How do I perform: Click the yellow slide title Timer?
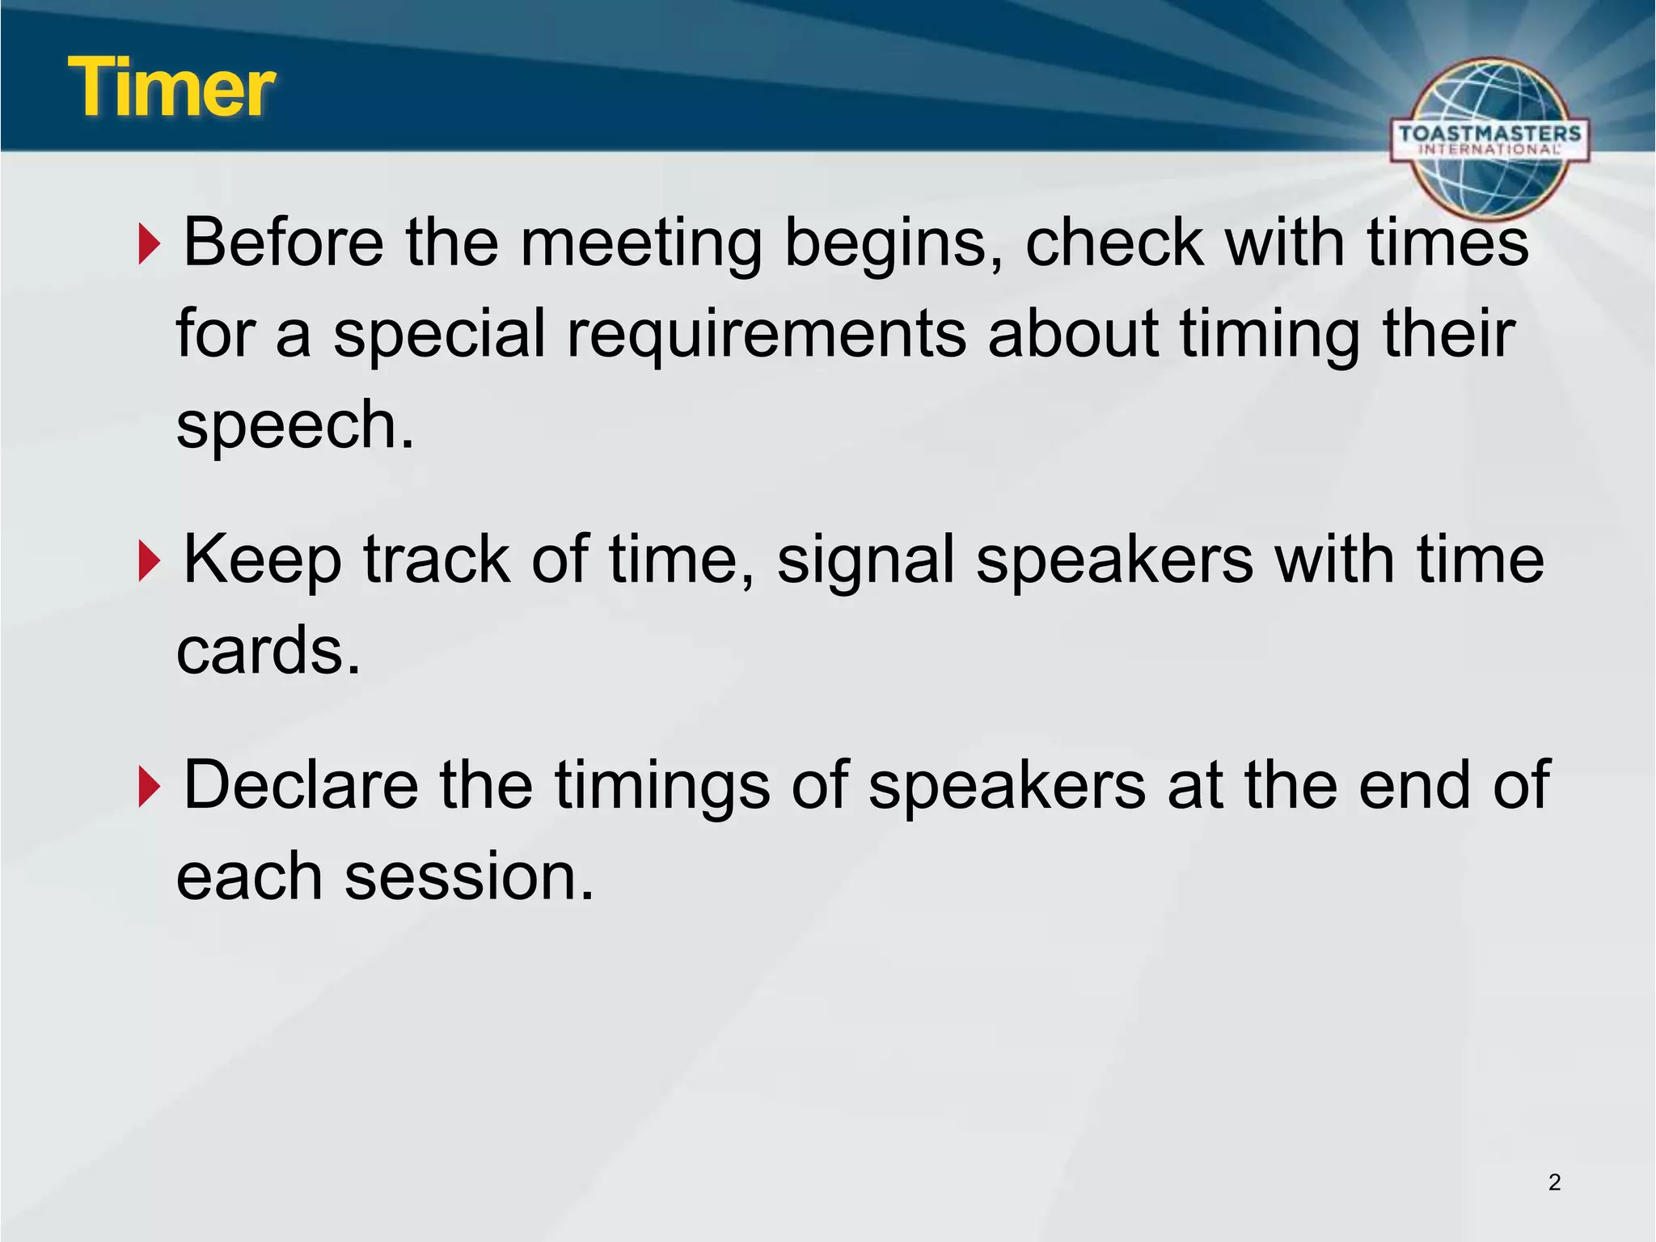pos(171,87)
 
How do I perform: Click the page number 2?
pos(1554,1182)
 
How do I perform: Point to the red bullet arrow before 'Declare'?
pos(149,787)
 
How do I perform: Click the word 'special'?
pos(439,335)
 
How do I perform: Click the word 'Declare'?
pos(301,785)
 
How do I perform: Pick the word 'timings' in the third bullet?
pos(661,787)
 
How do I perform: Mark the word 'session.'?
pos(469,877)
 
